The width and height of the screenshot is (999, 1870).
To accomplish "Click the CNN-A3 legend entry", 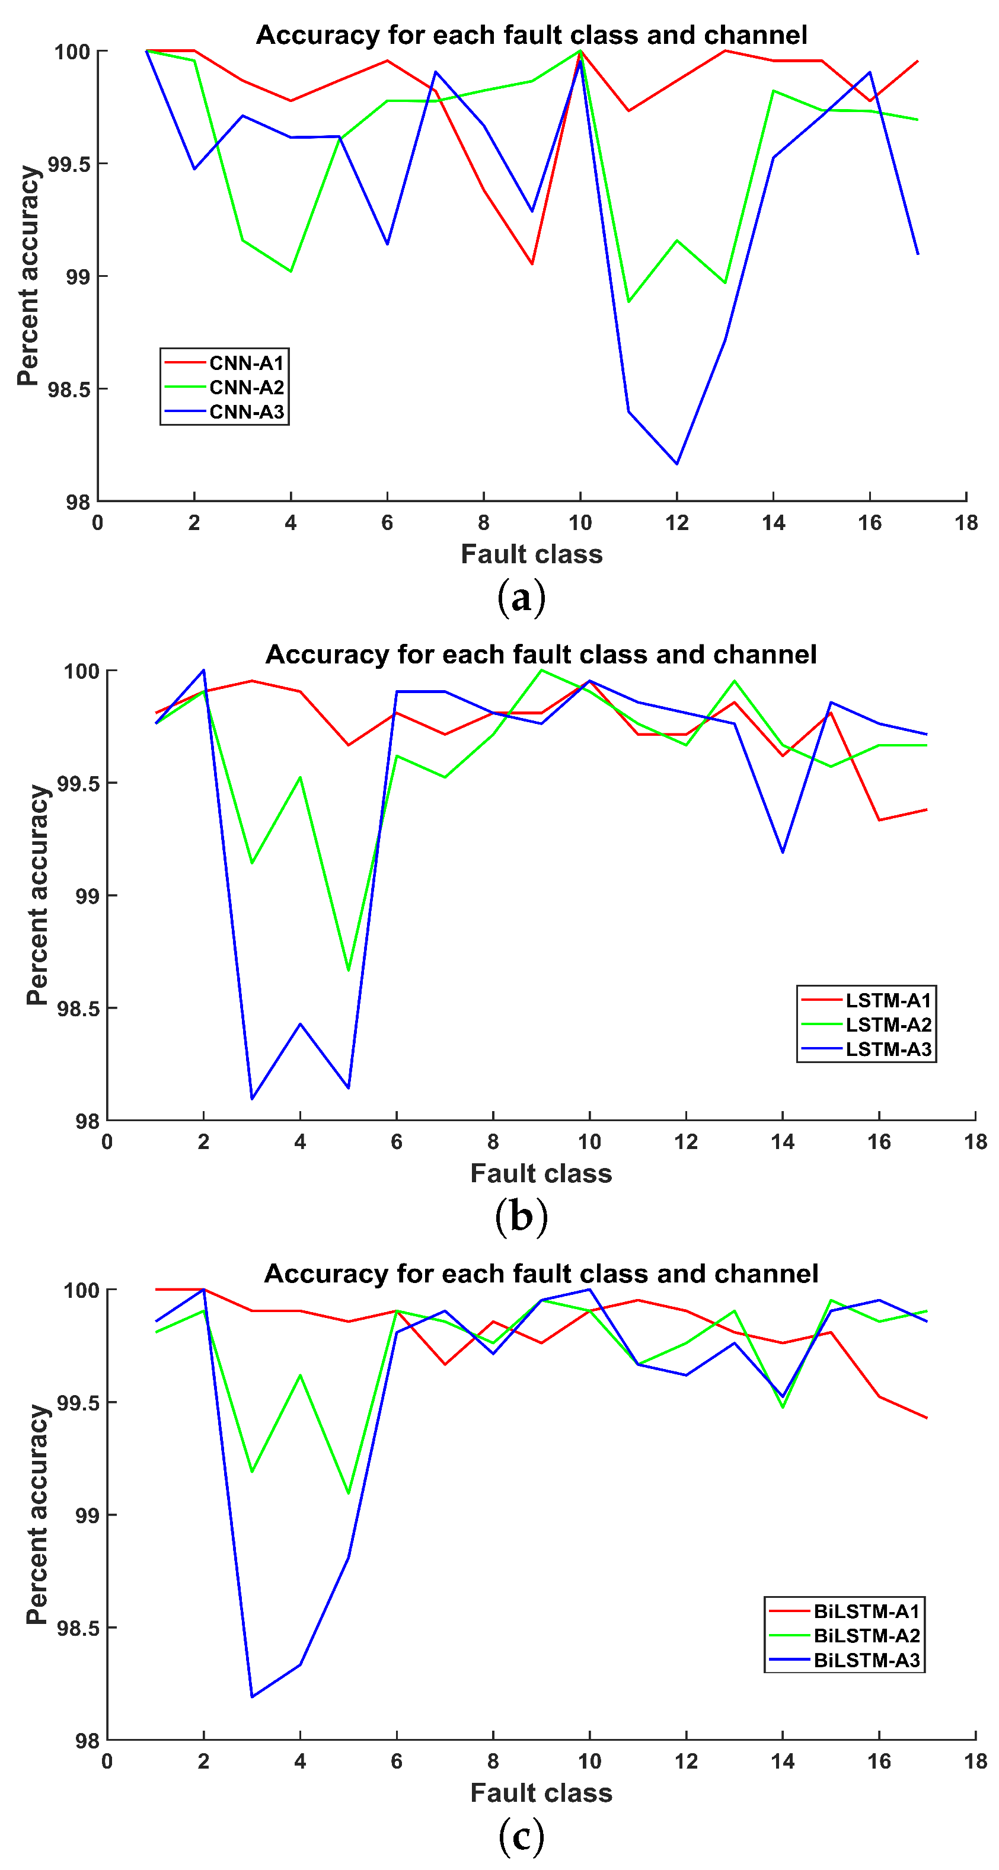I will tap(246, 411).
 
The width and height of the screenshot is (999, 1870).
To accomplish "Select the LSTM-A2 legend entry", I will tap(888, 1025).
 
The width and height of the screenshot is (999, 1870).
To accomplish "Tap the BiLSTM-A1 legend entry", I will tap(866, 1611).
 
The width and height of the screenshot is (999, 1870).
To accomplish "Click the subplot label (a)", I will tap(521, 598).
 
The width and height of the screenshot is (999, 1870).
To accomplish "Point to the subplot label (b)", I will tap(521, 1216).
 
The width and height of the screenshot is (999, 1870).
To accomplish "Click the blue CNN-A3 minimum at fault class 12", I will tap(676, 464).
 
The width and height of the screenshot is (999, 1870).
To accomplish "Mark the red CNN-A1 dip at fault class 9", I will tap(532, 263).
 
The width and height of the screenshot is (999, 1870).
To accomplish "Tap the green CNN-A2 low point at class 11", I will tap(628, 301).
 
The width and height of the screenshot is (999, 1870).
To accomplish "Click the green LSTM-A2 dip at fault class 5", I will tap(349, 971).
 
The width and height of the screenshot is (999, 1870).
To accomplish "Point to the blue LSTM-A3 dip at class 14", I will tap(783, 852).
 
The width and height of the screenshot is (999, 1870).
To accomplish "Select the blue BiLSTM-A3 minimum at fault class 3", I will tap(252, 1696).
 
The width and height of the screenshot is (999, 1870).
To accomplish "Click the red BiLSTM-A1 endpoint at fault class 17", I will tap(927, 1418).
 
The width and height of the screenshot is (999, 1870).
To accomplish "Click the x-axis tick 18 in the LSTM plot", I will tap(975, 1142).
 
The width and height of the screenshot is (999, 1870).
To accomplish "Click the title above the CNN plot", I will tap(531, 35).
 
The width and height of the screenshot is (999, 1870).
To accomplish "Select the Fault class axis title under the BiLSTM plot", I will tap(541, 1792).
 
